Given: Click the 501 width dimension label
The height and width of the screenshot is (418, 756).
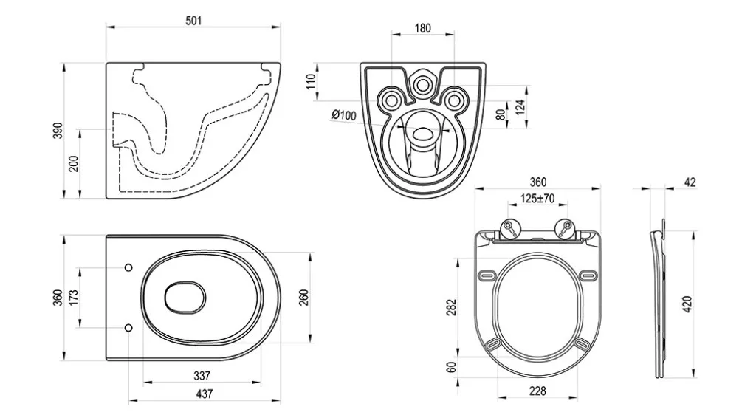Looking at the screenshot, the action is (x=193, y=21).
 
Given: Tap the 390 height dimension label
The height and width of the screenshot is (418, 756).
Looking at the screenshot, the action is (x=58, y=131).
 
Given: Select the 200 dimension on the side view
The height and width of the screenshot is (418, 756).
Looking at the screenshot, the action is (x=73, y=164).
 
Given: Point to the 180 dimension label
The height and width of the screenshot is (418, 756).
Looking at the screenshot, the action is (x=422, y=28).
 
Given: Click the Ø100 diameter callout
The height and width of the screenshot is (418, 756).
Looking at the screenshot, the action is (x=344, y=114).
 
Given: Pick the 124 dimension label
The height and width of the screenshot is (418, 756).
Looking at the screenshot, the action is (x=520, y=107).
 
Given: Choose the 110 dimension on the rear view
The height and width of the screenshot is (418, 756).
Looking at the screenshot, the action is (x=311, y=81).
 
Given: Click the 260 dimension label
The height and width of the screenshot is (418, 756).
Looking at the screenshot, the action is (x=303, y=298).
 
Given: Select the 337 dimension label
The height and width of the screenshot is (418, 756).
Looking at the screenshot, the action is (x=202, y=376).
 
